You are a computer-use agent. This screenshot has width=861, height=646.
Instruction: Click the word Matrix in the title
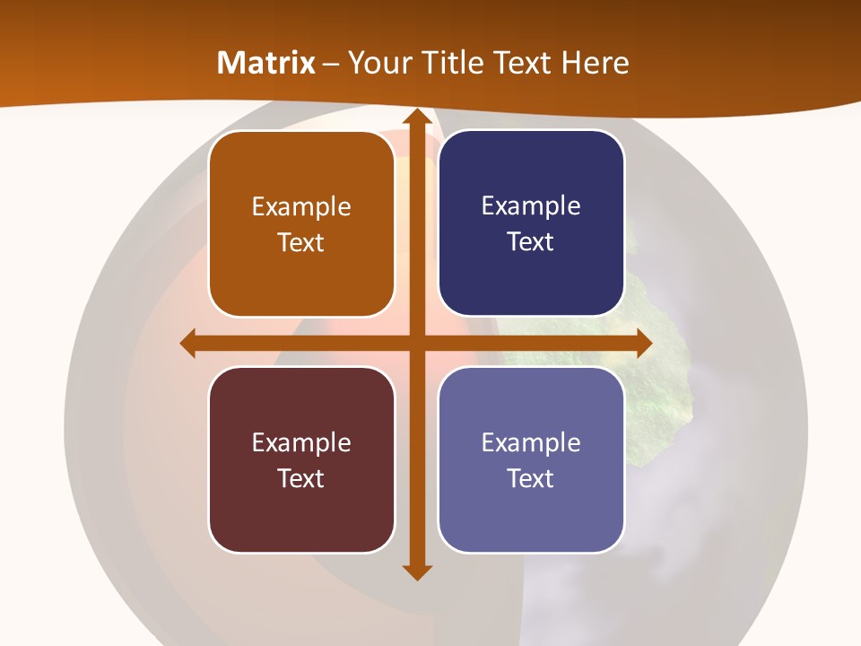(266, 63)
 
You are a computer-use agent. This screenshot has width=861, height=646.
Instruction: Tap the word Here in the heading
(596, 63)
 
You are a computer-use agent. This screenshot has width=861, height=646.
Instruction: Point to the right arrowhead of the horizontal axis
(643, 343)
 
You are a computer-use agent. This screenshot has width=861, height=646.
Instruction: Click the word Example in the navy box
(531, 206)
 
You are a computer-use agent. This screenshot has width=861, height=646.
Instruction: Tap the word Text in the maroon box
(300, 478)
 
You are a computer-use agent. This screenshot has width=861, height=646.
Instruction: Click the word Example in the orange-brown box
(301, 207)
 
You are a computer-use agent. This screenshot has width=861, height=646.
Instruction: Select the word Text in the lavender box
(531, 478)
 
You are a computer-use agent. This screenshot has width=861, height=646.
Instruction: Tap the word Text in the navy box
(531, 242)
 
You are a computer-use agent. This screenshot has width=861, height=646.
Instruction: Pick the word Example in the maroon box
(301, 442)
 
